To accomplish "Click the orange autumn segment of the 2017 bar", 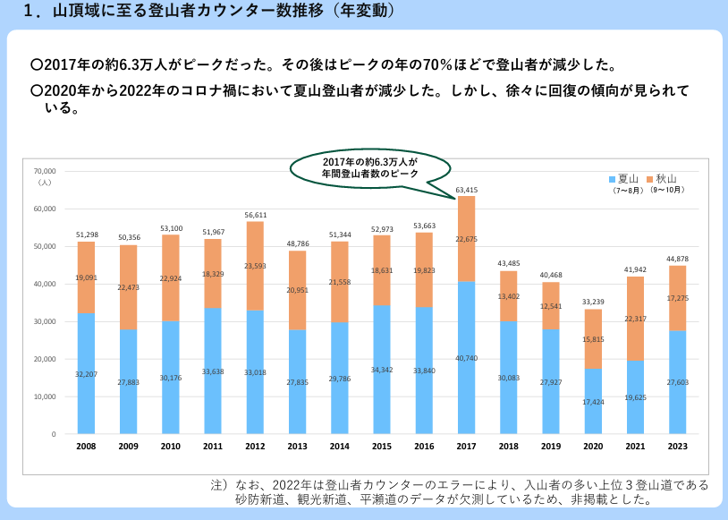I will [466, 238].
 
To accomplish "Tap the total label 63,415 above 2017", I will [466, 190].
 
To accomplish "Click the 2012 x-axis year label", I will [255, 446].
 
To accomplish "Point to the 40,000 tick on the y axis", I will [44, 284].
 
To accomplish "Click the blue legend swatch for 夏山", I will [613, 178].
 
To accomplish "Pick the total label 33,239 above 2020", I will [592, 303].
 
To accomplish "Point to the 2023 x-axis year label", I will [677, 446].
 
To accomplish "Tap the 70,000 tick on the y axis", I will [44, 171].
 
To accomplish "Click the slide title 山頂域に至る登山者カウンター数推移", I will [206, 13].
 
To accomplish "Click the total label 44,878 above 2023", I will [677, 259].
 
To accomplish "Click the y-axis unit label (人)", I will [46, 182].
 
